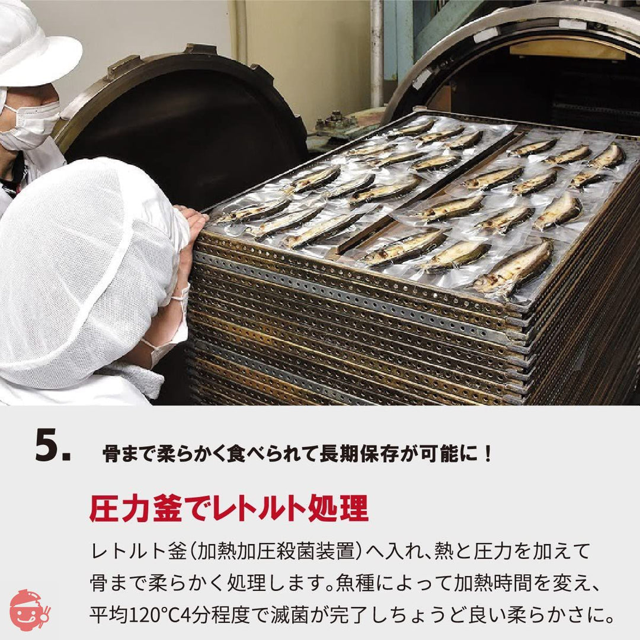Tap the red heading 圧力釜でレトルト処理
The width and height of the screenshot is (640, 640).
pyautogui.click(x=229, y=508)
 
